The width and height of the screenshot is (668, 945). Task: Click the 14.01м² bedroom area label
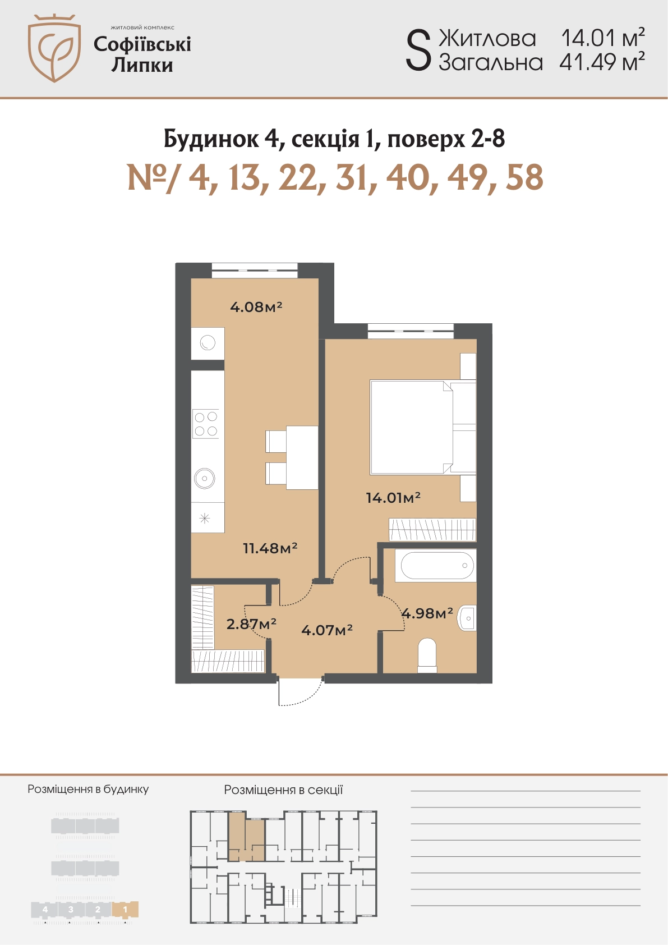393,498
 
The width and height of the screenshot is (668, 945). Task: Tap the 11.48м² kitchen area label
270,548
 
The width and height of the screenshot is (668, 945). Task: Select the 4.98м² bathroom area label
427,613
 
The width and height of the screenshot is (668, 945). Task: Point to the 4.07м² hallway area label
327,630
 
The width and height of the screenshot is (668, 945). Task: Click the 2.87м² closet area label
251,623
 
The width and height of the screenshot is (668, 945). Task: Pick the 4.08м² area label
256,306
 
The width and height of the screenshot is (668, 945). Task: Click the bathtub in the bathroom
436,565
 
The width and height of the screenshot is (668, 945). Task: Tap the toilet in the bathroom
427,655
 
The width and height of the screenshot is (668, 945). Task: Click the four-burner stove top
206,424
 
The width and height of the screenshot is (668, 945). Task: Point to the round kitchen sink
205,479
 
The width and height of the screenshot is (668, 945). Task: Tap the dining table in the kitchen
302,458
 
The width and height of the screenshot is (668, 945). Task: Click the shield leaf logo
54,48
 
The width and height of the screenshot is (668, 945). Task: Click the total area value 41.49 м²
602,62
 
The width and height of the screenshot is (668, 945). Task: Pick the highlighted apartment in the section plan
247,837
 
